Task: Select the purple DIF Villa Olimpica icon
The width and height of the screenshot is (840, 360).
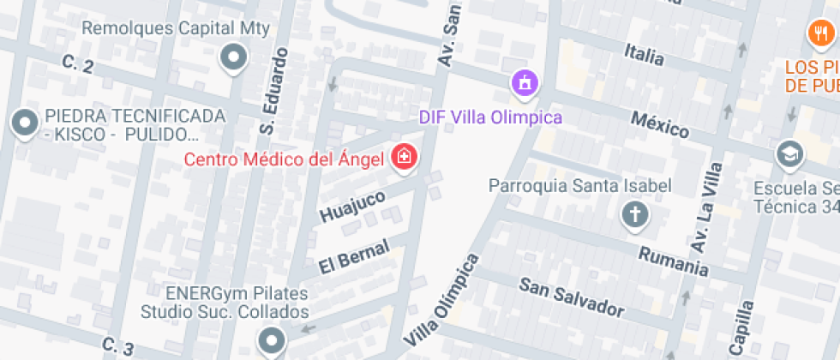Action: (524, 83)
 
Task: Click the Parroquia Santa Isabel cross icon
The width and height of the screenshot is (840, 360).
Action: (634, 213)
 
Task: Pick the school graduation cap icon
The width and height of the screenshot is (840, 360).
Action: (787, 155)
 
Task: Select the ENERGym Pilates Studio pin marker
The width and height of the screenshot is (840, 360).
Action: (273, 340)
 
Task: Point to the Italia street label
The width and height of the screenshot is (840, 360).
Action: (645, 55)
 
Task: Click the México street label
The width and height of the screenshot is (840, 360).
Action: (660, 125)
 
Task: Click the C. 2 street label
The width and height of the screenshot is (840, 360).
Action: (78, 64)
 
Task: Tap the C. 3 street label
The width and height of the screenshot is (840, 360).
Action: (117, 346)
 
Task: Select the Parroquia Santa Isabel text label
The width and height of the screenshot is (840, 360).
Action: (580, 185)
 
